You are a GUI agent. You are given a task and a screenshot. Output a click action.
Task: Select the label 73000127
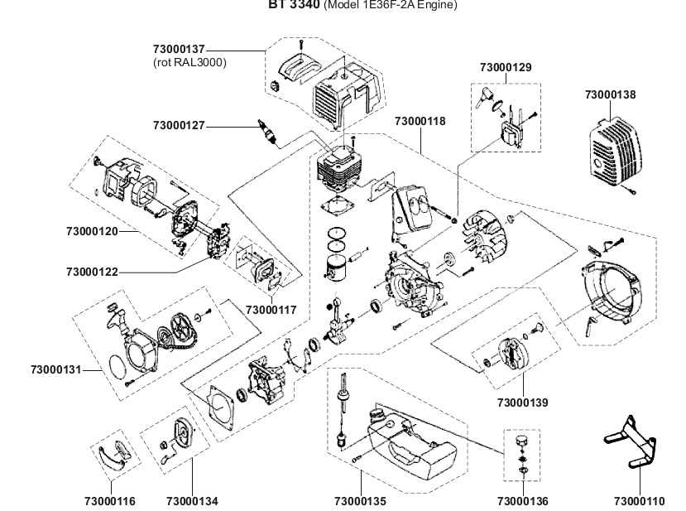tap(178, 125)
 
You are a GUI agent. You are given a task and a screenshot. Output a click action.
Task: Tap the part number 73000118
tap(420, 121)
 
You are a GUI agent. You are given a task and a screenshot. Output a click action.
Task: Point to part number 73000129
tap(506, 65)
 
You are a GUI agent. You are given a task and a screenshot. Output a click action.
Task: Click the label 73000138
tap(610, 95)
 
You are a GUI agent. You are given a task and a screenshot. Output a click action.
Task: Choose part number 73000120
tap(91, 231)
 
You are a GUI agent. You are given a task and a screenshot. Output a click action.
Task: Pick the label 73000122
tap(91, 271)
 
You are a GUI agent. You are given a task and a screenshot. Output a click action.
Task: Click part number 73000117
tap(271, 310)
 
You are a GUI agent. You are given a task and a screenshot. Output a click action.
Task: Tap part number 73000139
tap(522, 403)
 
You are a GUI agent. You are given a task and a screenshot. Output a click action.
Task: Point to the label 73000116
tap(110, 501)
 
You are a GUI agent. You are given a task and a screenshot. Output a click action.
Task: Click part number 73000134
tap(192, 501)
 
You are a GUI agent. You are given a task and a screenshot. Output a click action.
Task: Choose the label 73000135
tap(360, 501)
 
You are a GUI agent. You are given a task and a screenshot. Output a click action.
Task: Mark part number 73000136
tap(522, 501)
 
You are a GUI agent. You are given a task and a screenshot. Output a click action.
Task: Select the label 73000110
tap(639, 501)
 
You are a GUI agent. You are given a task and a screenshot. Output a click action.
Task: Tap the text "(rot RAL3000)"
tap(189, 62)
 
